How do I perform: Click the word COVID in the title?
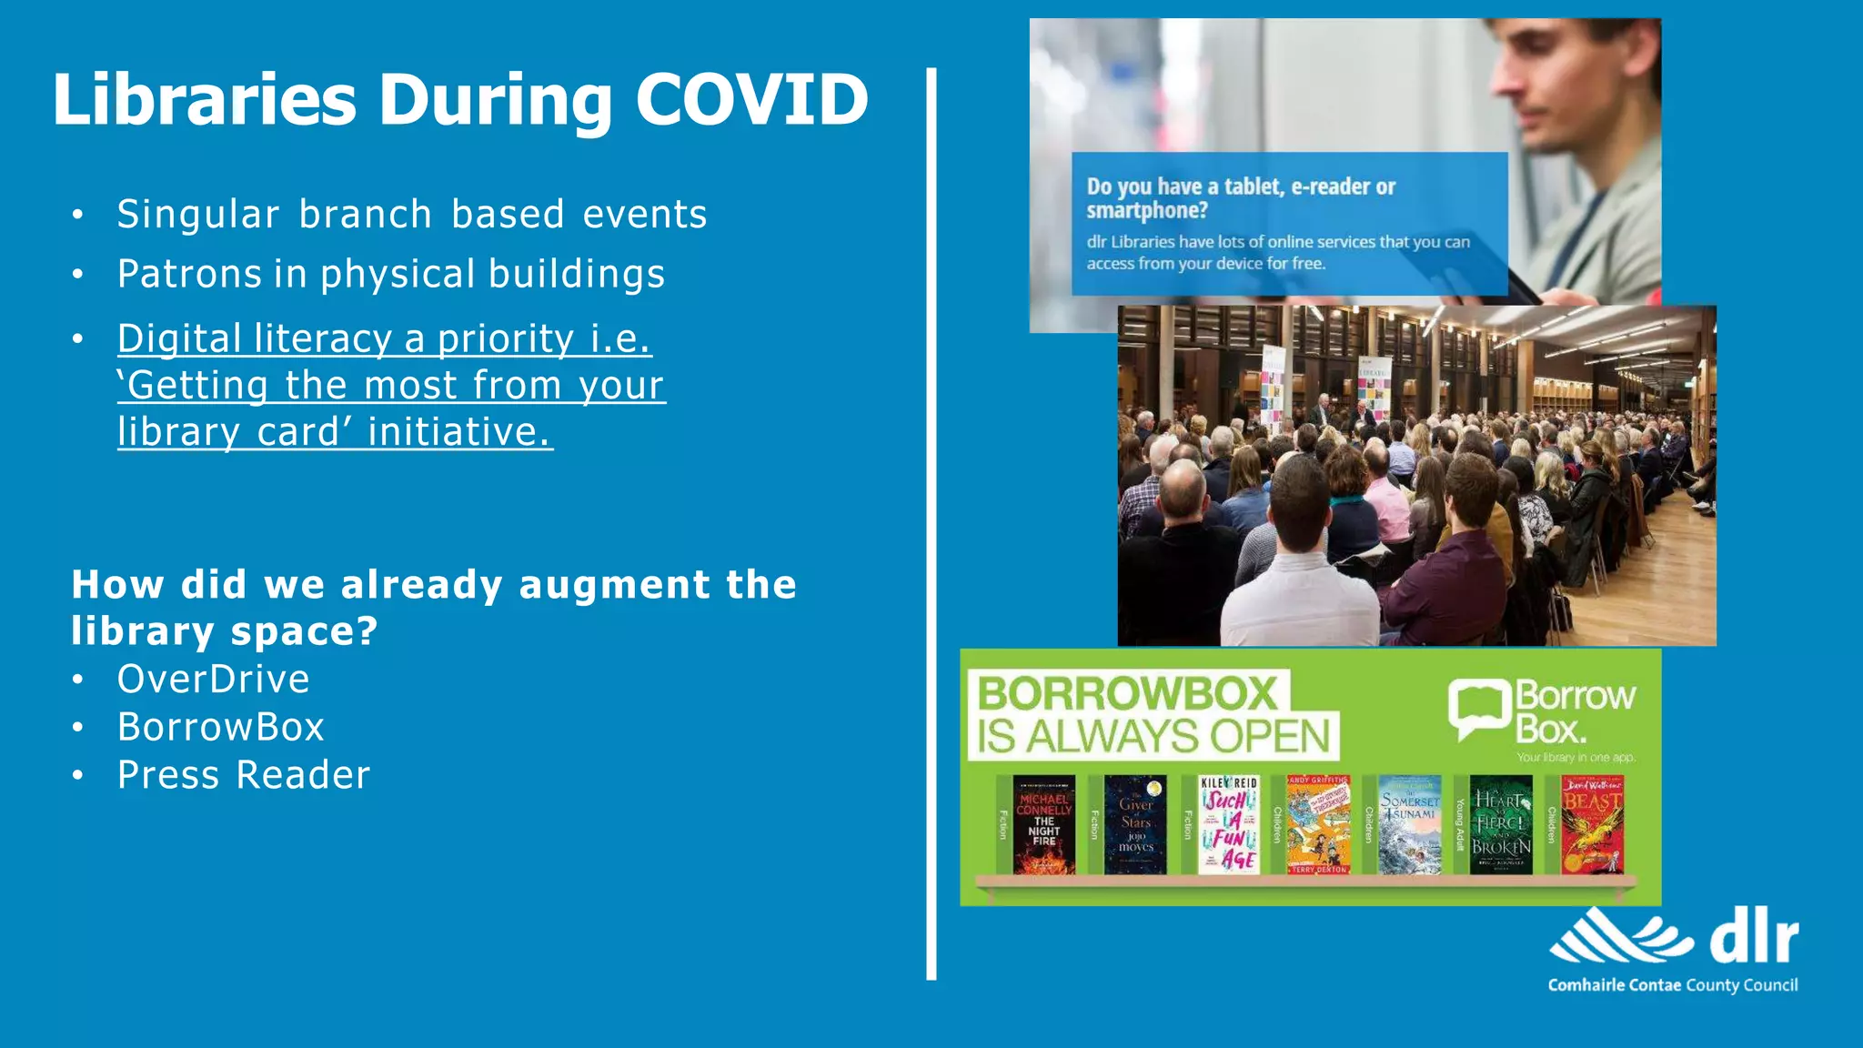pos(751,99)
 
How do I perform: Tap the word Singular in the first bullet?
pos(197,215)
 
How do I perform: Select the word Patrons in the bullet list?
pos(189,274)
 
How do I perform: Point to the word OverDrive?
pos(213,680)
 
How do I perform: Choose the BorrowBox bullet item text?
pos(220,727)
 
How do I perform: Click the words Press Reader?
pos(243,775)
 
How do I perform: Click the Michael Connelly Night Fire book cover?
pos(1043,825)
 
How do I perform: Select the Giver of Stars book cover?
pos(1135,825)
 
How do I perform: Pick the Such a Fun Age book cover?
pos(1228,825)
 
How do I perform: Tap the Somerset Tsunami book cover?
pos(1409,825)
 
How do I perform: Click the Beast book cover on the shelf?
pos(1592,825)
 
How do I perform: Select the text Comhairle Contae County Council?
pos(1672,985)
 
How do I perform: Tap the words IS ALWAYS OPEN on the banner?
pos(1153,737)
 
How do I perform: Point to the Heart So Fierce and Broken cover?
pos(1501,825)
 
